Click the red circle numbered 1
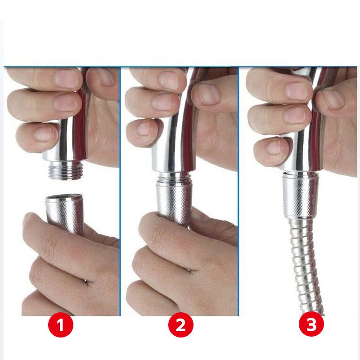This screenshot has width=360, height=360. coord(61,325)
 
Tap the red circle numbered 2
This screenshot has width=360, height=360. coord(181,325)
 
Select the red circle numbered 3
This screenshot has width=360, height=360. coord(311,325)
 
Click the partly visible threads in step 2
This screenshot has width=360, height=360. coord(174,176)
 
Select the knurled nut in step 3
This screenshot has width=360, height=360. coord(300,196)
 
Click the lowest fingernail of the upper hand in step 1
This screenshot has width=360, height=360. coord(43,134)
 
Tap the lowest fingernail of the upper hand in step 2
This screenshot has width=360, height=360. coord(144,129)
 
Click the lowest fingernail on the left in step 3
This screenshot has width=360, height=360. coord(274,147)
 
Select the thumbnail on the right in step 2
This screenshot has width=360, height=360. coord(208,94)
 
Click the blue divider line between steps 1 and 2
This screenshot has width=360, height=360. coord(120,191)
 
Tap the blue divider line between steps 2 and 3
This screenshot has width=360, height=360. coord(238,191)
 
